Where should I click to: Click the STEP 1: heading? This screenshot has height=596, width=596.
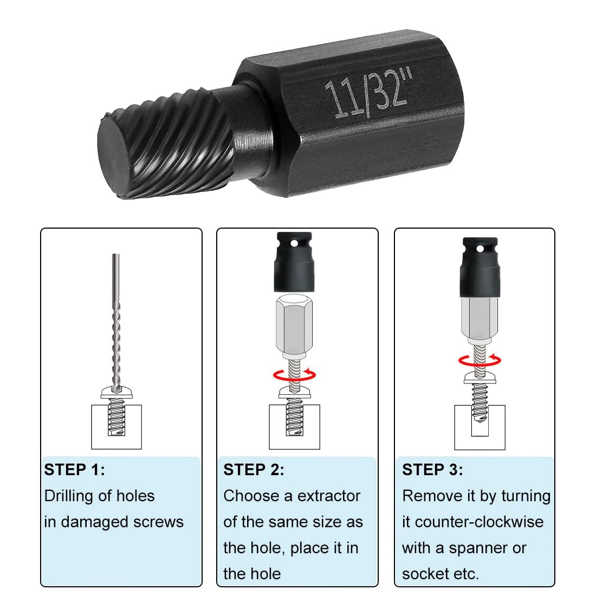pos(75,470)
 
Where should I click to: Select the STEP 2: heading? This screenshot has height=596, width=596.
pos(254,470)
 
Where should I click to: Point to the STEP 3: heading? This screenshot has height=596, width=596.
pos(432,470)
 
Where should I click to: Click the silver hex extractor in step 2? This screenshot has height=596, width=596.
pos(293,325)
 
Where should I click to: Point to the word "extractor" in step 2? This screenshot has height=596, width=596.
pos(329,496)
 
